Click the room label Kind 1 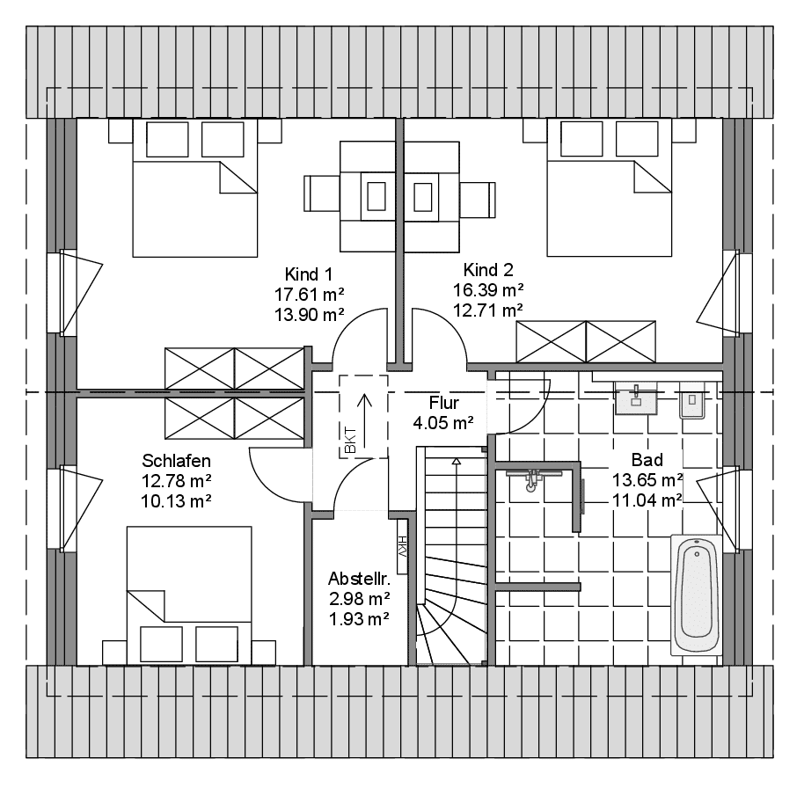[x=309, y=274]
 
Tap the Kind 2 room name [x=488, y=270]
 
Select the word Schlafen [x=177, y=460]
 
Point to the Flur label [x=444, y=403]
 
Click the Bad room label [x=647, y=459]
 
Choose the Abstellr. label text [x=359, y=579]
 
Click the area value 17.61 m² [x=309, y=295]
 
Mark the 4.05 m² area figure [x=443, y=423]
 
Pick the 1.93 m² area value [x=359, y=619]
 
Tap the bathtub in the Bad [x=697, y=595]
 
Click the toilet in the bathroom [x=692, y=400]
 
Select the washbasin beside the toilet [x=636, y=398]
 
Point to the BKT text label [x=351, y=440]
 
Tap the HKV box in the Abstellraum [x=402, y=546]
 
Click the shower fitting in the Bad [x=533, y=478]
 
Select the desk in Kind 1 [x=367, y=196]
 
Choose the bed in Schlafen [x=189, y=595]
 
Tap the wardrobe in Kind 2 [x=586, y=341]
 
